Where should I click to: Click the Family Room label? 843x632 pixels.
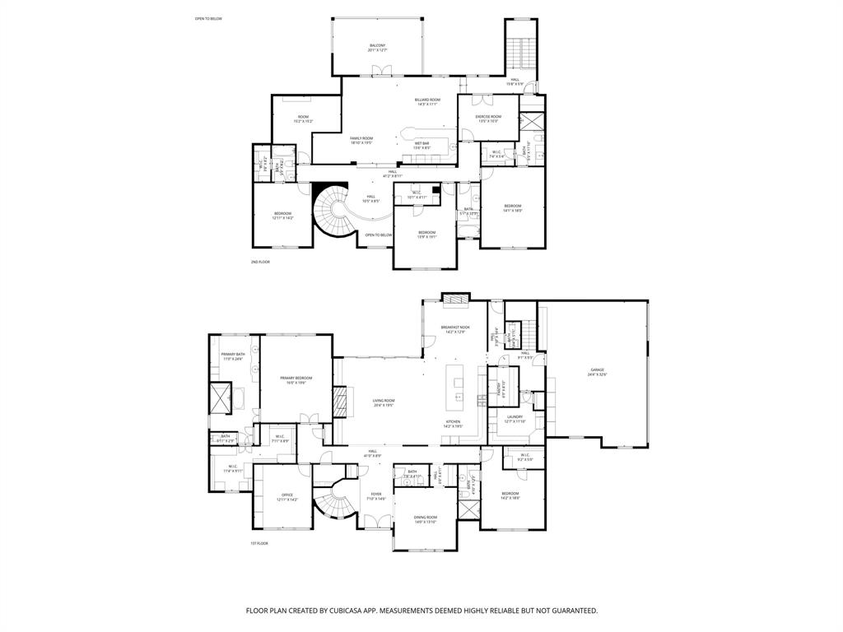coord(361,140)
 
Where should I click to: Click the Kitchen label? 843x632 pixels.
coord(454,423)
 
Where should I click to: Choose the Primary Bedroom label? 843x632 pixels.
coord(296,380)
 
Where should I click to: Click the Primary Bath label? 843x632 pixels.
coord(233,356)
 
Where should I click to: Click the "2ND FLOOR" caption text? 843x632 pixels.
coord(260,262)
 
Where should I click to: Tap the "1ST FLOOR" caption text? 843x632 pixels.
coord(259,543)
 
